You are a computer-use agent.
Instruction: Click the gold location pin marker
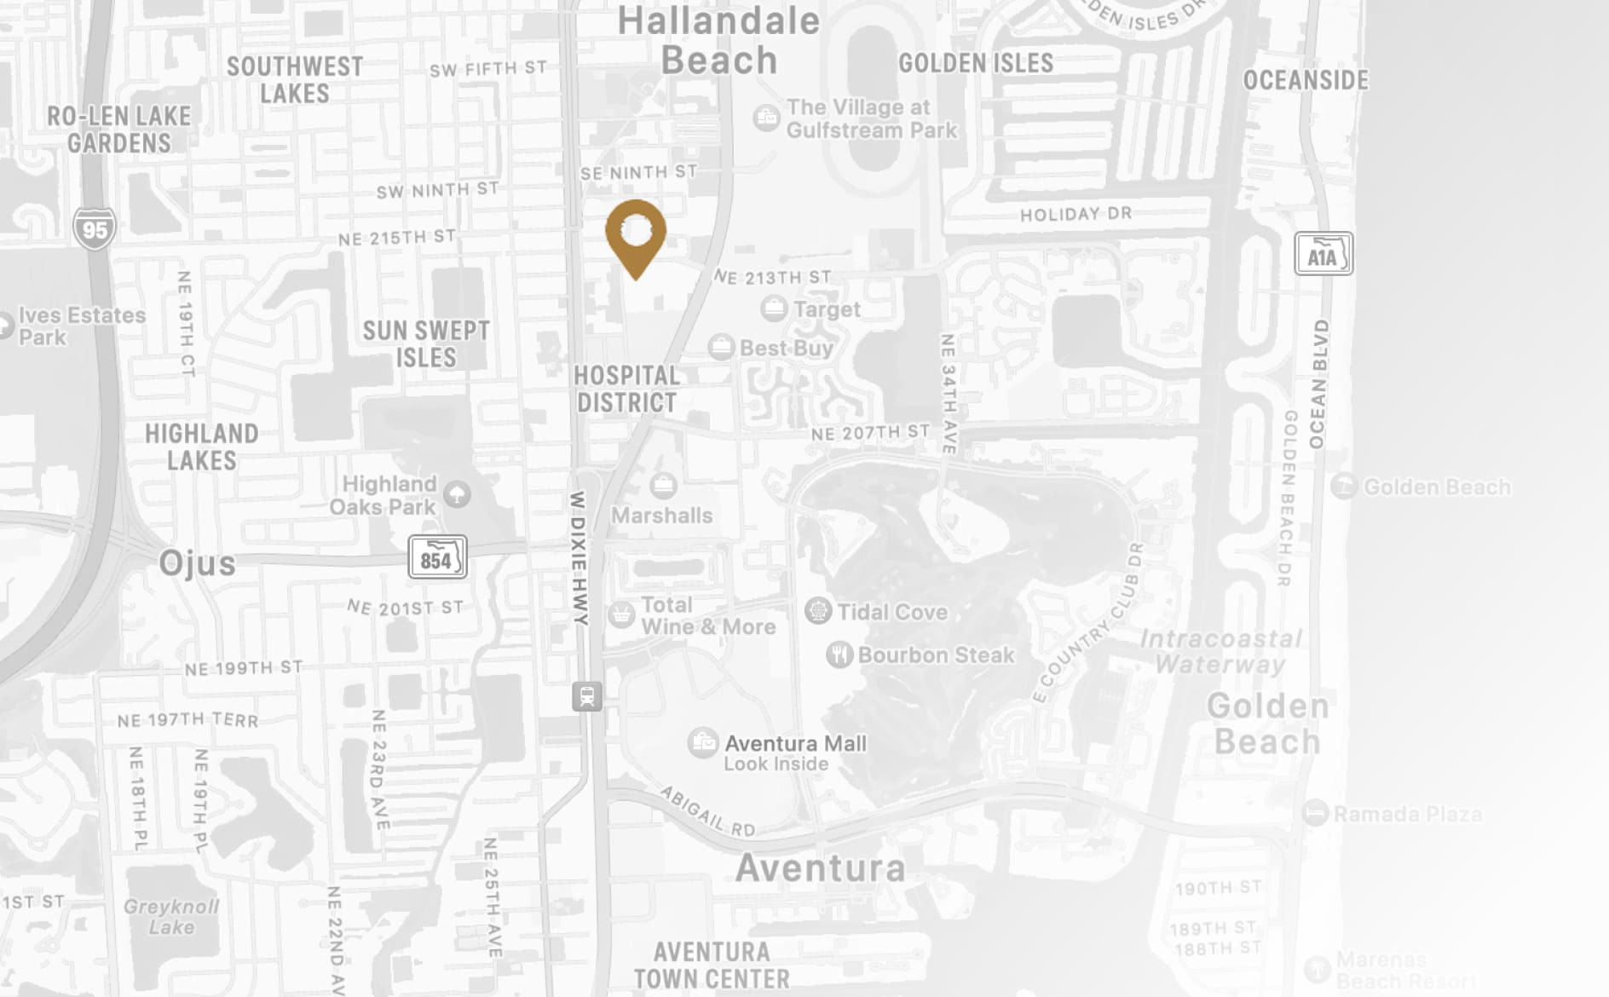click(x=636, y=234)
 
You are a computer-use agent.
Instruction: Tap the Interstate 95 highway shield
click(x=94, y=228)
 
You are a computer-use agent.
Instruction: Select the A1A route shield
click(x=1323, y=254)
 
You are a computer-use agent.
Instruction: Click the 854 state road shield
click(x=437, y=557)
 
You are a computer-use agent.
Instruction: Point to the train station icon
click(x=587, y=696)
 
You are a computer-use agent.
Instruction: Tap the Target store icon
click(x=774, y=308)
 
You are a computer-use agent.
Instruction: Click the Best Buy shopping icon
click(x=721, y=347)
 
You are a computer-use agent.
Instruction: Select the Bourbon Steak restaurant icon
click(x=839, y=654)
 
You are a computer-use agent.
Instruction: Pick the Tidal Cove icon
click(x=818, y=611)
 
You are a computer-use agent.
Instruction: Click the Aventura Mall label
click(x=795, y=744)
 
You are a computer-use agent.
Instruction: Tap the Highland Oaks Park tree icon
click(x=458, y=494)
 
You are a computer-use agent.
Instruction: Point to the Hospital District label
click(x=626, y=389)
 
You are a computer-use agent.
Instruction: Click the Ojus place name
click(x=197, y=563)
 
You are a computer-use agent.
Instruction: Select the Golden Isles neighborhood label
click(x=976, y=63)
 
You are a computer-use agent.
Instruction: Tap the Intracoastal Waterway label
click(x=1220, y=651)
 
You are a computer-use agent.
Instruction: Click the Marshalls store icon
click(x=663, y=486)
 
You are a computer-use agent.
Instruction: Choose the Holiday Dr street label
click(x=1076, y=214)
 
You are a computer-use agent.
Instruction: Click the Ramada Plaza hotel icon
click(x=1316, y=813)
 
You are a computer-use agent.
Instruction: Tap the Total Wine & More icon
click(x=621, y=614)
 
